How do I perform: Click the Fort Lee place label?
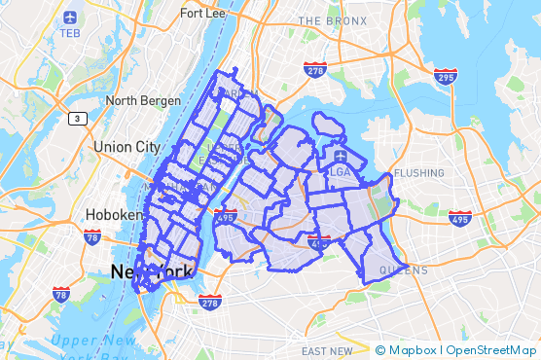tap(205, 15)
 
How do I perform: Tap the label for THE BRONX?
tap(332, 20)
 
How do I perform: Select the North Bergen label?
tap(143, 100)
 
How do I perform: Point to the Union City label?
tap(126, 146)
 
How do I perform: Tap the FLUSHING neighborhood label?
tap(419, 173)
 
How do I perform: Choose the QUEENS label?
tap(403, 270)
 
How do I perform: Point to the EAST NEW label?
tap(327, 351)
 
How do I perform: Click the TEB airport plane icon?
tap(69, 18)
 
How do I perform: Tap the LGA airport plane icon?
tap(341, 156)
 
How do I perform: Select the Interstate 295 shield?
tap(446, 76)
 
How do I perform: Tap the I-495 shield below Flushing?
tap(460, 219)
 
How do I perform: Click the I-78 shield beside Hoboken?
tap(92, 236)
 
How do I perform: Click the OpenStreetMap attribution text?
tap(490, 350)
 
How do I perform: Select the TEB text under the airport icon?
tap(69, 33)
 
